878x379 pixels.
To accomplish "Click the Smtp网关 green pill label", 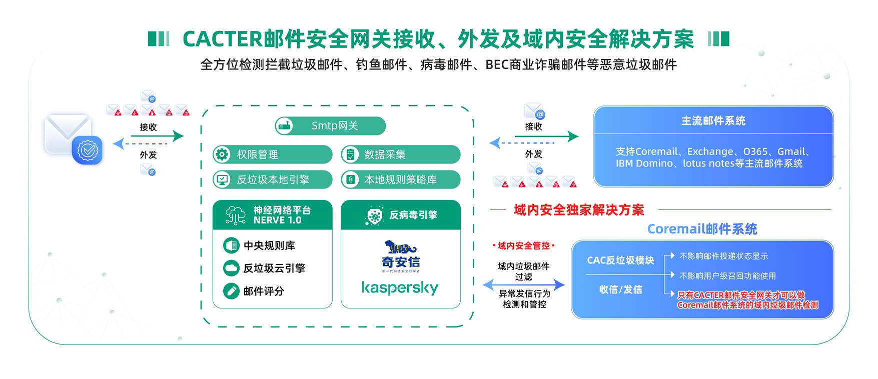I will [331, 126].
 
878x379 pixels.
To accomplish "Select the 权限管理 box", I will [272, 154].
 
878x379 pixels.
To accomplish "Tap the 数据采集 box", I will [400, 154].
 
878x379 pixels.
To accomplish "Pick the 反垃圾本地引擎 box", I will [272, 179].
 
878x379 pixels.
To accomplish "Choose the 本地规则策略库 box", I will [400, 179].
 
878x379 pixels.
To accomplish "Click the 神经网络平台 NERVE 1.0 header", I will [272, 215].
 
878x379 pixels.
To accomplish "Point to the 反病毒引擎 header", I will [401, 215].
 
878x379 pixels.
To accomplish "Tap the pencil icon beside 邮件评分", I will [231, 291].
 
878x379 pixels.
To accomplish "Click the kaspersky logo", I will [400, 288].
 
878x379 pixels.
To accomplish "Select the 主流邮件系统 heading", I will [713, 120].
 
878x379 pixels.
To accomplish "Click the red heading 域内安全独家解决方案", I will [579, 210].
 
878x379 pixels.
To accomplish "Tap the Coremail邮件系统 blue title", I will [702, 229].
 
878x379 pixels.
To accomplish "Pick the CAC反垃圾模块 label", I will [620, 260].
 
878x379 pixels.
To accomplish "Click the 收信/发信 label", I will [620, 289].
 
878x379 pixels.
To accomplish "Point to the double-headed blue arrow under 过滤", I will [523, 285].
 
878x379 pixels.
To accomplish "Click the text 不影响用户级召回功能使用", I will [727, 276].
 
